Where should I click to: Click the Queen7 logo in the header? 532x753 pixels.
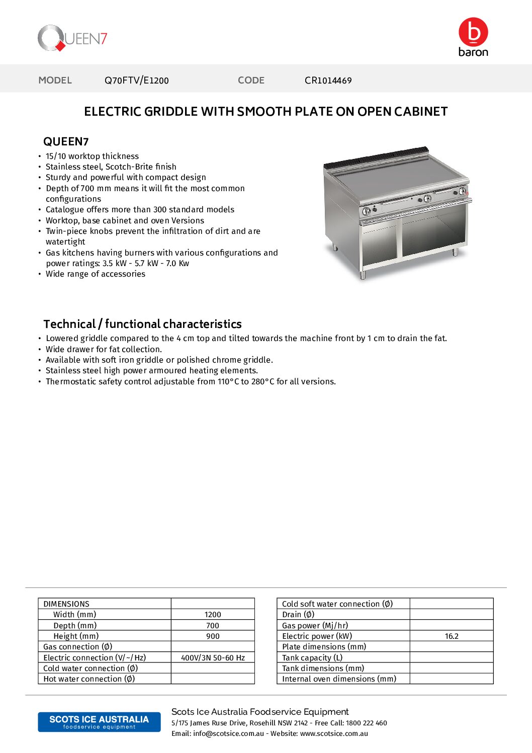click(x=72, y=38)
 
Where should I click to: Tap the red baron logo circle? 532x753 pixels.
click(x=473, y=32)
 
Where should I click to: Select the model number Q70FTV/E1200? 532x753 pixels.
click(x=137, y=80)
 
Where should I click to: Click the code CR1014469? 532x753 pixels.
click(x=328, y=80)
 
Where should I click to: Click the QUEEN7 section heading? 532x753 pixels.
click(x=66, y=142)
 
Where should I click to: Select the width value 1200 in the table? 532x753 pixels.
click(x=213, y=615)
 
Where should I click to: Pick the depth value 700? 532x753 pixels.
click(x=213, y=626)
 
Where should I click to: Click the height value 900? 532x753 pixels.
click(x=213, y=636)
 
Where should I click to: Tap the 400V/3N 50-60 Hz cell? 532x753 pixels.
click(x=213, y=658)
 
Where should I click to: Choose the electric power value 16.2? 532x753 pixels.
click(x=452, y=636)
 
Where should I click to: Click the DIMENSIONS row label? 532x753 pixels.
click(x=66, y=604)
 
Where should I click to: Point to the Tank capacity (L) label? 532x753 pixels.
click(x=312, y=658)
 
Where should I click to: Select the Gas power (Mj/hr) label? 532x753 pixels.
click(x=315, y=626)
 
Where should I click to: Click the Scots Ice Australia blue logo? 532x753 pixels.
click(x=99, y=722)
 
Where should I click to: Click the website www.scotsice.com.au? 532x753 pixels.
click(x=334, y=734)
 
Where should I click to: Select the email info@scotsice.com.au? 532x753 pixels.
click(x=228, y=734)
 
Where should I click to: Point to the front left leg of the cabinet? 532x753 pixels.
click(x=363, y=275)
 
